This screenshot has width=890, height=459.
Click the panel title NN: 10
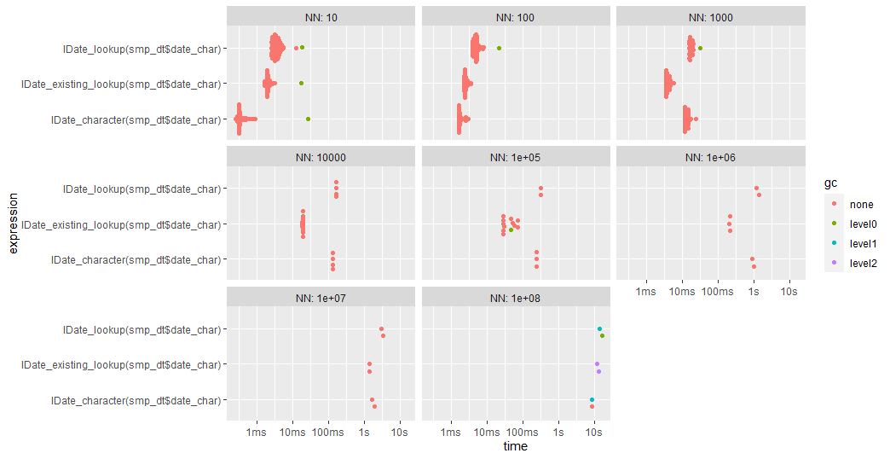point(321,17)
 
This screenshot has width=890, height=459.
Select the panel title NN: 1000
point(709,17)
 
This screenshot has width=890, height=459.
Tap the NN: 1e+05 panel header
point(515,157)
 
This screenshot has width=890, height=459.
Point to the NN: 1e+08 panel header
point(515,297)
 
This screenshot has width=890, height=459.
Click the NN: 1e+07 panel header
point(321,297)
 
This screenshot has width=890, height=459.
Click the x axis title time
point(515,446)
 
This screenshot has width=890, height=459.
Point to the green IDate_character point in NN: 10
point(308,119)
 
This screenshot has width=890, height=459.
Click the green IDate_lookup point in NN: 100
point(499,48)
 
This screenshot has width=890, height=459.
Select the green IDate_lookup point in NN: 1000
point(700,48)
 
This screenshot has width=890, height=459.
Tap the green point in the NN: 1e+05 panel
point(511,229)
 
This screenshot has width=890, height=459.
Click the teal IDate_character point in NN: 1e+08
point(591,400)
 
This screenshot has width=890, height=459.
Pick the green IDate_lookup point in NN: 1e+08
point(602,336)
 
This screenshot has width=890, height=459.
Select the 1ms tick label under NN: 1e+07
point(256,433)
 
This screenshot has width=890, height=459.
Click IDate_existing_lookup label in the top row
point(123,84)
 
